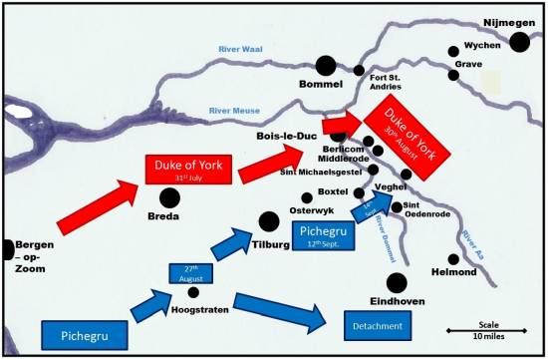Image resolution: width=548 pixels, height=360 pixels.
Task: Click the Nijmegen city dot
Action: pos(519,42)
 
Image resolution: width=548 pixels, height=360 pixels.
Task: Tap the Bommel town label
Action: pos(321,85)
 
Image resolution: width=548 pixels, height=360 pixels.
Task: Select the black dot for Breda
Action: pos(164,198)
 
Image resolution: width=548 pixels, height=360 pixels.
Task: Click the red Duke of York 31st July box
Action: pos(188,169)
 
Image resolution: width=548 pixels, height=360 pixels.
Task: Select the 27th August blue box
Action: pos(194,271)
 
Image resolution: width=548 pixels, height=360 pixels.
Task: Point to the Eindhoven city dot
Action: pos(397,282)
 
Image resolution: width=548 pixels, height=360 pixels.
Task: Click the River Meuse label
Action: pos(237,112)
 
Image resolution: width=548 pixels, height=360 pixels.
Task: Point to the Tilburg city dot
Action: pos(268,221)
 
